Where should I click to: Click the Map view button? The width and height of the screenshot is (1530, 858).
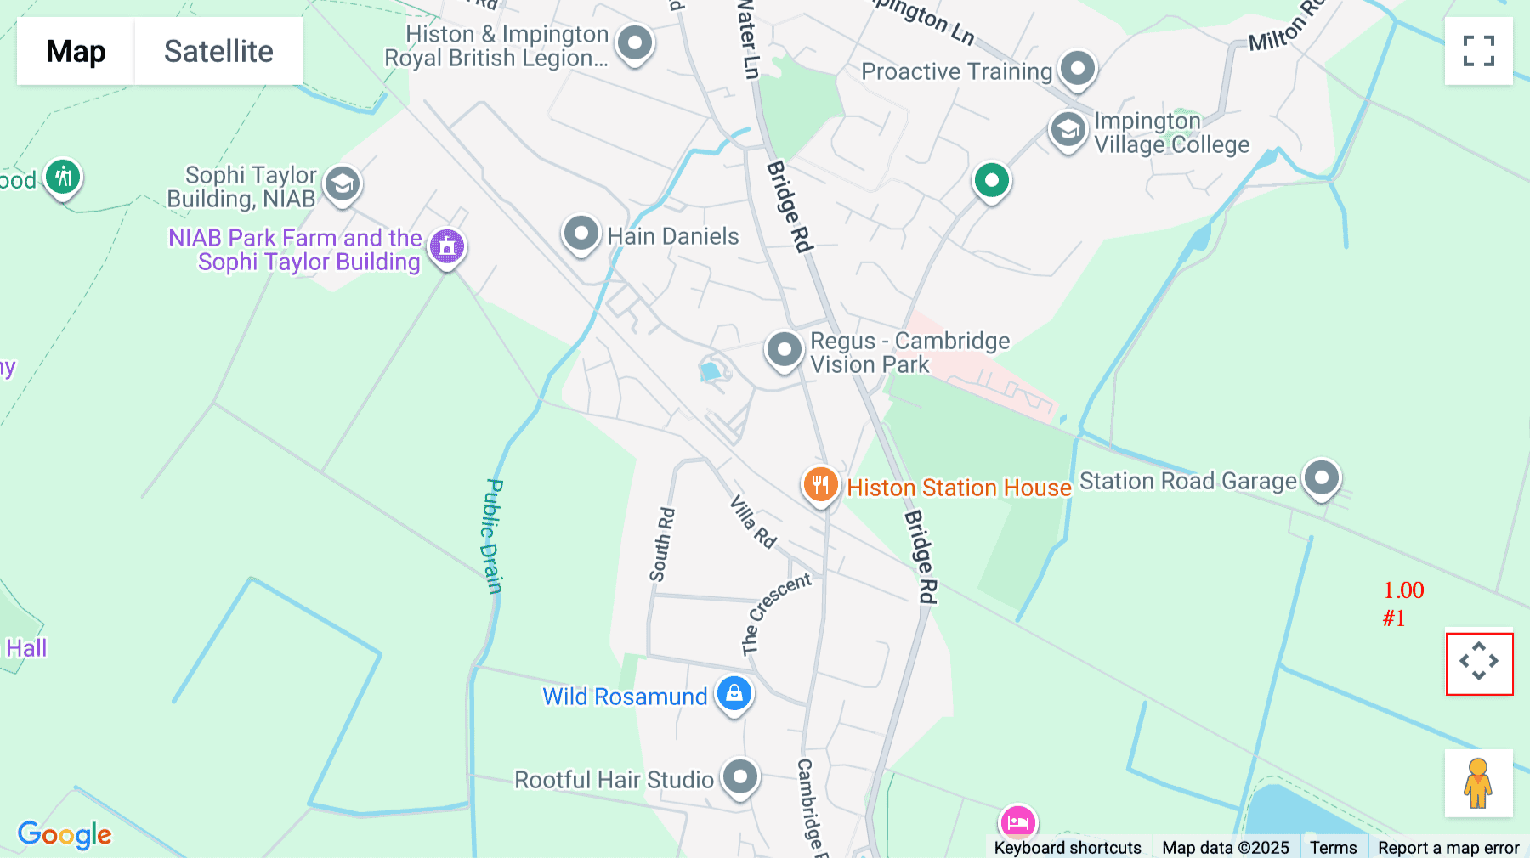(76, 51)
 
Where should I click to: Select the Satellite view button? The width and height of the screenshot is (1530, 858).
(218, 51)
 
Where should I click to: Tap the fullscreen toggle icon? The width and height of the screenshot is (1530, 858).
(1478, 51)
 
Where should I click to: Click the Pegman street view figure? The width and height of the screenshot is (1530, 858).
(1478, 783)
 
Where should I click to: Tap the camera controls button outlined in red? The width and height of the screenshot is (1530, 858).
(1479, 663)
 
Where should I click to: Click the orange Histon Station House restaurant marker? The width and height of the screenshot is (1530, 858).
(820, 485)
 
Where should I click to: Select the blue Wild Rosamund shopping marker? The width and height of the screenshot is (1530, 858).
(734, 694)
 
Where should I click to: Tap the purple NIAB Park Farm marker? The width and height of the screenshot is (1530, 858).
(447, 247)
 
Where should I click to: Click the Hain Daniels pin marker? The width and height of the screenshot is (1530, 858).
(581, 233)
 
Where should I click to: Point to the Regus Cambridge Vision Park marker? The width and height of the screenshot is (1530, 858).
(784, 350)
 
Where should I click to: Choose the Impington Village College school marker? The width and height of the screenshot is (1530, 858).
(1068, 131)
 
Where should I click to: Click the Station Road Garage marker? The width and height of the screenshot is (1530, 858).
(1321, 478)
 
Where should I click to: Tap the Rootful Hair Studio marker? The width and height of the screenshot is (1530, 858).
(740, 776)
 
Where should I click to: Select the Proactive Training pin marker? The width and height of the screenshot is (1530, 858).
(1078, 69)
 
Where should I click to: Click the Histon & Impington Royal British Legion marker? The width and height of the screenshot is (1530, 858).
(635, 43)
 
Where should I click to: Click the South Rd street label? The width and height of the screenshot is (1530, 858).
(662, 545)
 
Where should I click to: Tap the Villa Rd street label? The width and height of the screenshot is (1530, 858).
(753, 522)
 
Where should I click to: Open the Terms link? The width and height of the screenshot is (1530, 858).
(1333, 847)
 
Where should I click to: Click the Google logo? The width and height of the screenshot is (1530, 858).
(65, 834)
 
